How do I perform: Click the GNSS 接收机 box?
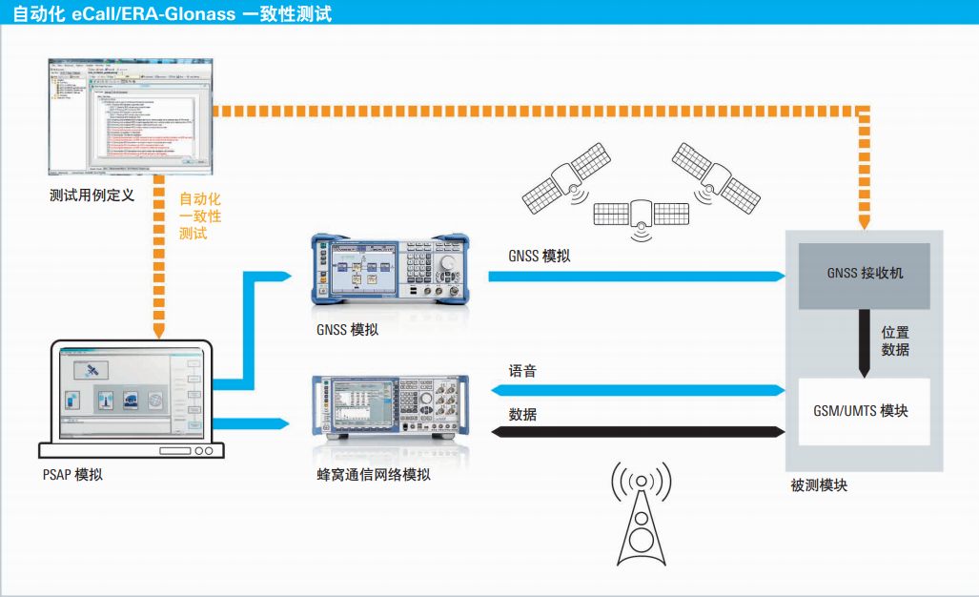865,275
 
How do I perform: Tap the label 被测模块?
818,485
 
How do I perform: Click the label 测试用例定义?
92,196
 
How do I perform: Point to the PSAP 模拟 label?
72,474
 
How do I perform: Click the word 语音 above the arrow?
522,371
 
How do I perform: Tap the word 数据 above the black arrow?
522,415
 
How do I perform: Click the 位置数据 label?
895,340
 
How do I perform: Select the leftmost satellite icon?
568,178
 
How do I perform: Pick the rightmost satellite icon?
714,176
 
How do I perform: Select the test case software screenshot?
130,117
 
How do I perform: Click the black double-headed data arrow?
638,432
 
